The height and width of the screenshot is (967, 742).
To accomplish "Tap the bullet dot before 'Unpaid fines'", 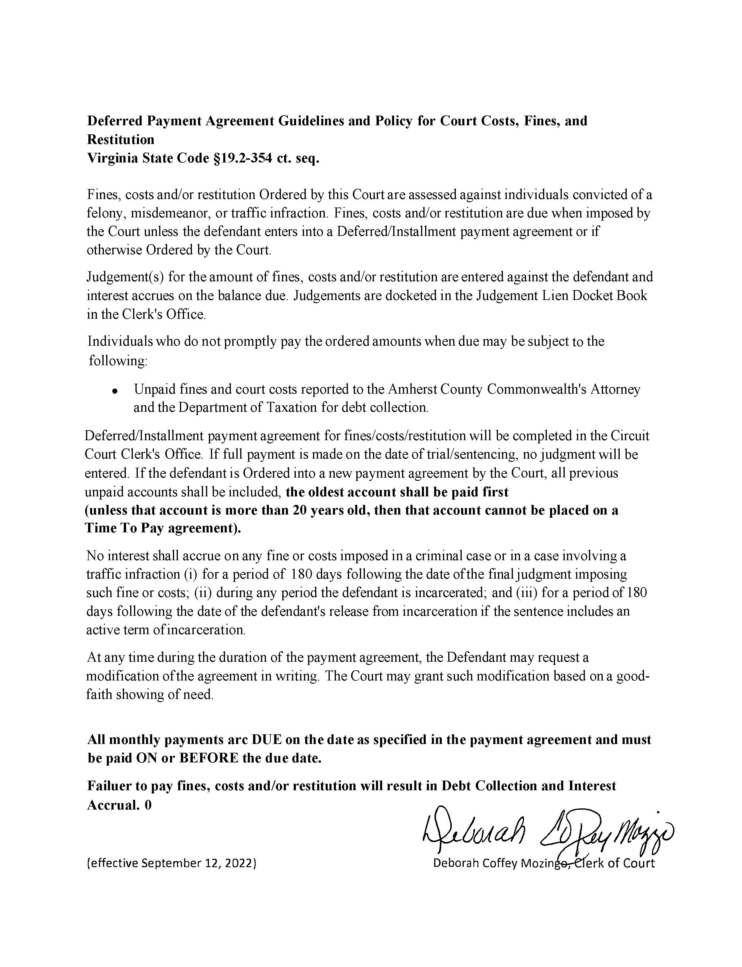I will point(115,391).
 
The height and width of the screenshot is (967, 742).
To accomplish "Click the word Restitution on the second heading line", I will point(121,140).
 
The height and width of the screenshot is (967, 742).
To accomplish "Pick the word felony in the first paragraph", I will point(105,213).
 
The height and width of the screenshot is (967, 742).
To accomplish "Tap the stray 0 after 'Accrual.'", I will point(148,805).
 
